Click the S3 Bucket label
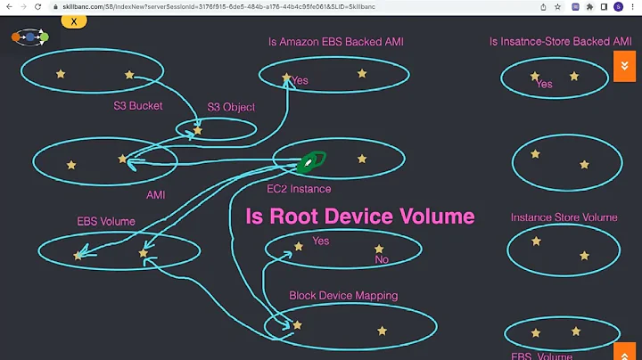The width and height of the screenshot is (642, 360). coord(137,106)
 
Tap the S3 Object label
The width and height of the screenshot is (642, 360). coord(231,107)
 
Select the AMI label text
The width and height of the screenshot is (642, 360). coord(155,193)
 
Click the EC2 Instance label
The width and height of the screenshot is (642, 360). coord(299,189)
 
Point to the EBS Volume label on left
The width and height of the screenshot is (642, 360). coord(106,221)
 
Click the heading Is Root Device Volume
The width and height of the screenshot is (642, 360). coord(359,217)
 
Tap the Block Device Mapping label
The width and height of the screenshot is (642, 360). coord(343,295)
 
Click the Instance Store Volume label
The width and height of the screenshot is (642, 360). coord(564,217)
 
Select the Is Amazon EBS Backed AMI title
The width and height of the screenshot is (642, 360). coord(336,42)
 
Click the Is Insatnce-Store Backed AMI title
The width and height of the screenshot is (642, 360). coord(561,42)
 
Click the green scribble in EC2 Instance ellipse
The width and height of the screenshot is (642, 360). coord(312,161)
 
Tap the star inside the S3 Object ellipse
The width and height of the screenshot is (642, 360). coord(198,130)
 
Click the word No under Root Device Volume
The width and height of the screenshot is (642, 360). coord(382,260)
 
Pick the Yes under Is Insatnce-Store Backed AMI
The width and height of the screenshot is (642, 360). coord(544,85)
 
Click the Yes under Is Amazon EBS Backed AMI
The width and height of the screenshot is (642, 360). coord(300,80)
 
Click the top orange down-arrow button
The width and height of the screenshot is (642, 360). coord(625,66)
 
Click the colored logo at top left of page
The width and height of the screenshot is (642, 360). coord(29,38)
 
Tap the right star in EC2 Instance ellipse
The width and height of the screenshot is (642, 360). coord(362,159)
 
